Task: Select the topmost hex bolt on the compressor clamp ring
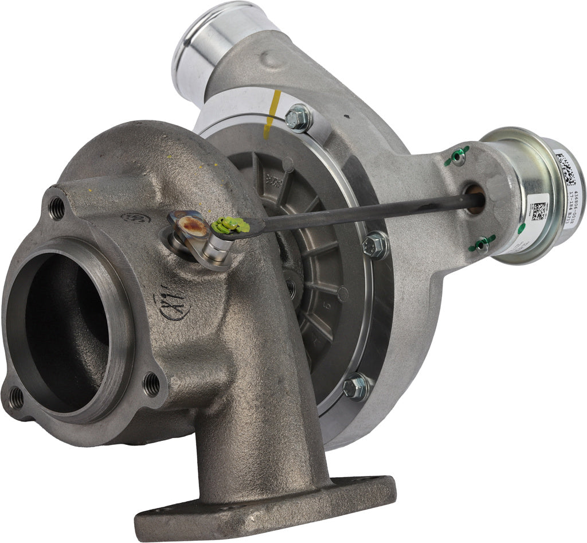click(x=298, y=118)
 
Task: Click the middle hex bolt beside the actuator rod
click(x=377, y=245)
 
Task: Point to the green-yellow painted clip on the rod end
click(x=229, y=226)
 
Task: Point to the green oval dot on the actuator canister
click(x=521, y=229)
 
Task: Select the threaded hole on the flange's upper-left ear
click(x=57, y=208)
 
